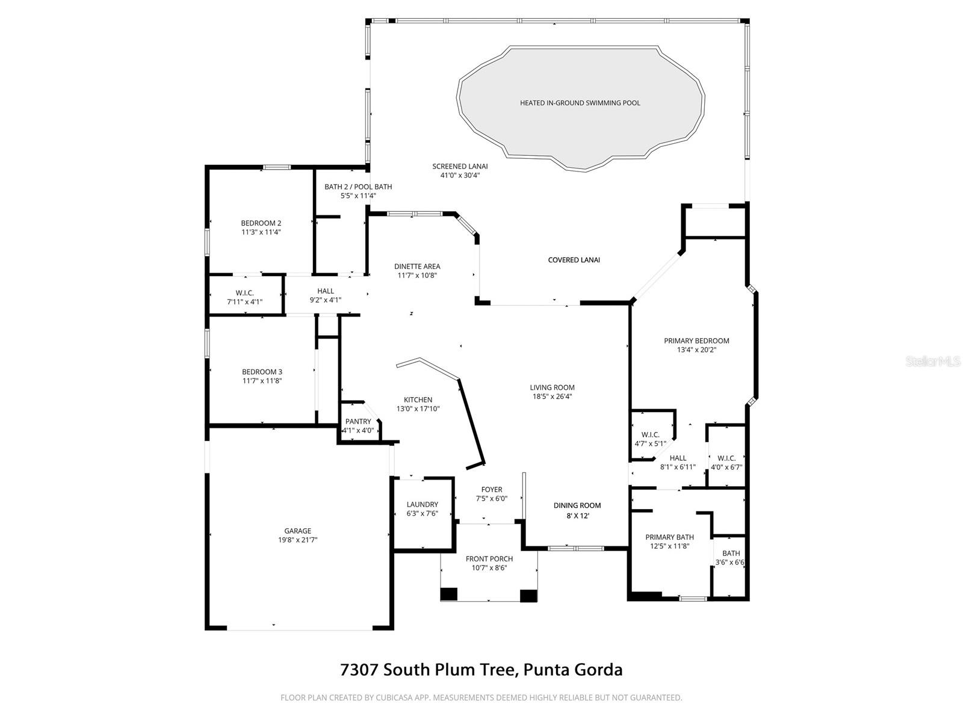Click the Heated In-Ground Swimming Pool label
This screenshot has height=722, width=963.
click(580, 103)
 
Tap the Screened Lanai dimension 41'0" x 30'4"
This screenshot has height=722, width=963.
click(460, 176)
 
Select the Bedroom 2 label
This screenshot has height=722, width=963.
click(261, 223)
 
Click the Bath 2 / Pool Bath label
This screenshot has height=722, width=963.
click(358, 187)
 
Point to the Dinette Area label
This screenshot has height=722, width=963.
click(417, 267)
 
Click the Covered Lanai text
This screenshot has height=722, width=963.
click(574, 260)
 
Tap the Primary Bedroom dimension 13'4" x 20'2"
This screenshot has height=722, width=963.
click(696, 350)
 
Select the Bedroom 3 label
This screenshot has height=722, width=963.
click(262, 372)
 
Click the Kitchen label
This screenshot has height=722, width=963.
click(418, 400)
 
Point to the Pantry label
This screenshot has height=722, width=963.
click(358, 422)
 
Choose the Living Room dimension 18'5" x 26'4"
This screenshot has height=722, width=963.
click(552, 396)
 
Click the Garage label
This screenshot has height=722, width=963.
click(298, 531)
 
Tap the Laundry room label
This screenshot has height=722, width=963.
click(422, 504)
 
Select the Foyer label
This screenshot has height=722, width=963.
click(492, 489)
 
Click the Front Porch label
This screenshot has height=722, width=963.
click(489, 559)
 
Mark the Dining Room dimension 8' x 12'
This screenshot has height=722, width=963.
click(577, 515)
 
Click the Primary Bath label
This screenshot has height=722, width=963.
click(669, 537)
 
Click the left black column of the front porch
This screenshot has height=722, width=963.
click(449, 594)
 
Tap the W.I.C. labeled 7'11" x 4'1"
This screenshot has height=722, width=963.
click(244, 302)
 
